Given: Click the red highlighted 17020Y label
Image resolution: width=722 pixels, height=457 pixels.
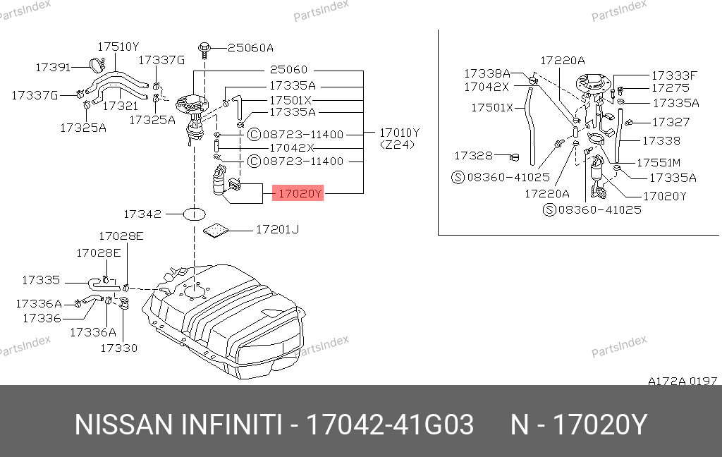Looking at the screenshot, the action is pos(298,193).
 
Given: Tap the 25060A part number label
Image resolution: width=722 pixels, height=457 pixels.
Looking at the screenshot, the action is pos(250,47).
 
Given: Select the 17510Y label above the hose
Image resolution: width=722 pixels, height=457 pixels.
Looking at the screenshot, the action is pos(118,47).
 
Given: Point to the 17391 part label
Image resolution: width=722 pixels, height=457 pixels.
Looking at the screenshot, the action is pos(53,67).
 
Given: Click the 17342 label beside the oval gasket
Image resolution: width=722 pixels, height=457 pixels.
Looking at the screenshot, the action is pos(142,214).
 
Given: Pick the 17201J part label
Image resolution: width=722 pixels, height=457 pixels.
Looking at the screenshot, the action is pos(277,229).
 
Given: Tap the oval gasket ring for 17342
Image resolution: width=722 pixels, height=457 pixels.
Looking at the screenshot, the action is pos(195,214).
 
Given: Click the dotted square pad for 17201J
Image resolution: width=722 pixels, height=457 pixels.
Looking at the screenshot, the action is pos(216,231).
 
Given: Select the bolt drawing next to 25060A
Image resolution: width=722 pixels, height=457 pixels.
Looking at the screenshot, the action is pos(204,50).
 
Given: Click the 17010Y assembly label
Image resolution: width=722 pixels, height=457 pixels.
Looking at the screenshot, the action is pos(399,133).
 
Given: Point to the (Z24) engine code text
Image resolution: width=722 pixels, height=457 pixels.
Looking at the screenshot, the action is pos(397,145).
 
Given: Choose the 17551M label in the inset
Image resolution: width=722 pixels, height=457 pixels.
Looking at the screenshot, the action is pos(659,163).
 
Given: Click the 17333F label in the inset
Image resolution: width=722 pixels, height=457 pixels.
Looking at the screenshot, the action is pos(674,75).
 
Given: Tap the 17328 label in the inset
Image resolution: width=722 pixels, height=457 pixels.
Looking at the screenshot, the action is pos(473,156).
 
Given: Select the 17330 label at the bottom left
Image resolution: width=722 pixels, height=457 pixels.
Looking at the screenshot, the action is pos(118,348).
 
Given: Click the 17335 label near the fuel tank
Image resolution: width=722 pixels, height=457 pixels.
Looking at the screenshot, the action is pos(41,280).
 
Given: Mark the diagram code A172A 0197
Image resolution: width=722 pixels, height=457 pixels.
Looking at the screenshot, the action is pos(683,381).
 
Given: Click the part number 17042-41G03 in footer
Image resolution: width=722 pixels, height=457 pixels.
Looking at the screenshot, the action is pos(390,425).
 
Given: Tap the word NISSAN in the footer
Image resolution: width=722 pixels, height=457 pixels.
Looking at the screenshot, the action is pos(123,425).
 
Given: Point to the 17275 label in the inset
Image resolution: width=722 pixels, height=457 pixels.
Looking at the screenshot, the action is pos(671,87).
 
